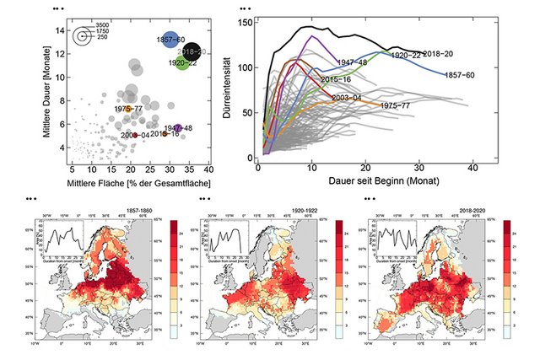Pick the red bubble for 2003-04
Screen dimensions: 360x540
pyautogui.click(x=135, y=135)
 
